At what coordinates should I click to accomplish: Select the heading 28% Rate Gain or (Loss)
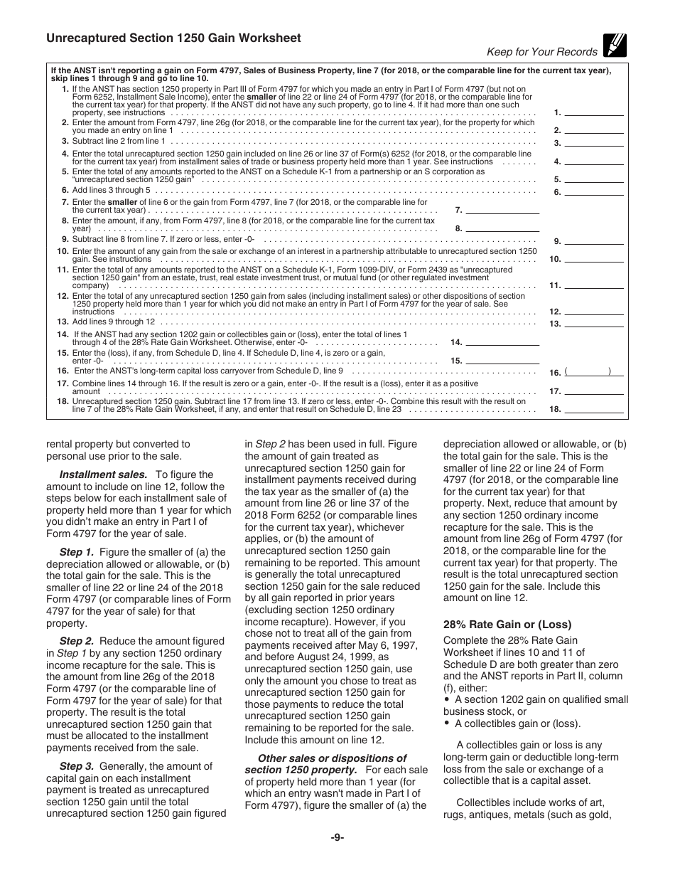click(507, 625)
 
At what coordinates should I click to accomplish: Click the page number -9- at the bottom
click(337, 838)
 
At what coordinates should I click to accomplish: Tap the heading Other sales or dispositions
click(332, 758)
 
